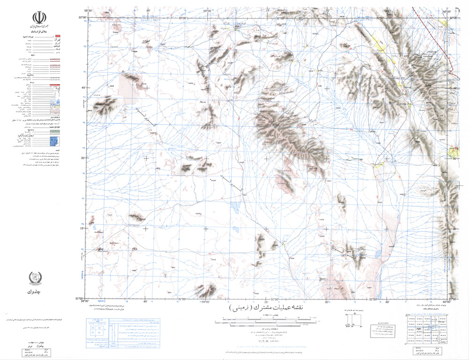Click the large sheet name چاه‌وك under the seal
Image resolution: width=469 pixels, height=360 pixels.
(x=38, y=293)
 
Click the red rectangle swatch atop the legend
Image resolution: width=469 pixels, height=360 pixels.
(x=58, y=36)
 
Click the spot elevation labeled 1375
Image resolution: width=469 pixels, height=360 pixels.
(x=363, y=257)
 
